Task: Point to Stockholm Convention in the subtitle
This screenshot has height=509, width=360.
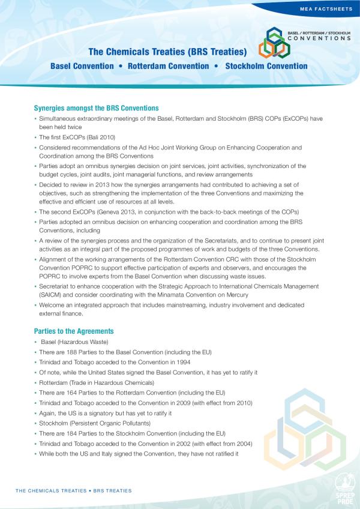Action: (x=266, y=65)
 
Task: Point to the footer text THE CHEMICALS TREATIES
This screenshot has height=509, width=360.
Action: (x=50, y=490)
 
